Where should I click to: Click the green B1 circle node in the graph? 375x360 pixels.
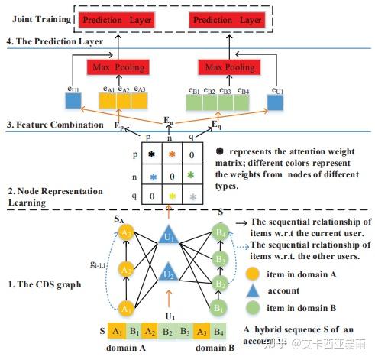pos(221,308)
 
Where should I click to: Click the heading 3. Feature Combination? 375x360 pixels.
pos(48,123)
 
